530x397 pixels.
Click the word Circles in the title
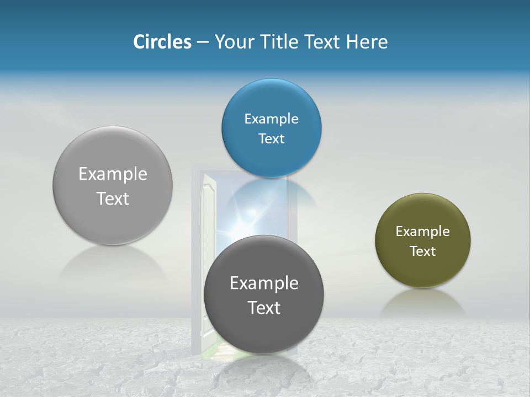click(x=162, y=42)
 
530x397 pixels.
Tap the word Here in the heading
click(x=367, y=42)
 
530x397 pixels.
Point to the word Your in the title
click(x=232, y=42)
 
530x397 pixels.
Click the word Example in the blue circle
click(x=271, y=119)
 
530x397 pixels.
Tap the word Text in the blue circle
click(x=271, y=139)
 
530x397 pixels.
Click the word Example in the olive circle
click(x=423, y=232)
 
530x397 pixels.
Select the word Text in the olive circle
click(x=423, y=251)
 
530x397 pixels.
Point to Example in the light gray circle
click(x=113, y=174)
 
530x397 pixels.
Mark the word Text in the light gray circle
click(x=113, y=198)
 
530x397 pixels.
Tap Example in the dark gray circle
click(x=264, y=283)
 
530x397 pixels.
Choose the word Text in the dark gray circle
click(x=264, y=308)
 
